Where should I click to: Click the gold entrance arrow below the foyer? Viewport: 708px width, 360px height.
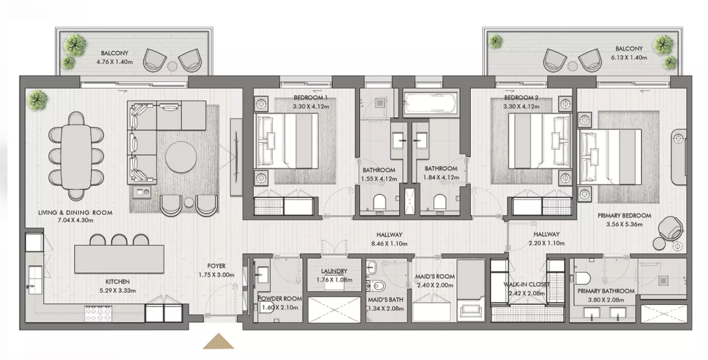coord(218,342)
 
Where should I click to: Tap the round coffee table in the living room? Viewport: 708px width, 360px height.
coord(181,157)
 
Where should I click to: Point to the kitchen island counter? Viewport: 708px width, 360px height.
coord(119,259)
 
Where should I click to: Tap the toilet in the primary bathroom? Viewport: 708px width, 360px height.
coord(582,278)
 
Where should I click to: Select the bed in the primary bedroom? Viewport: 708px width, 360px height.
coord(609,157)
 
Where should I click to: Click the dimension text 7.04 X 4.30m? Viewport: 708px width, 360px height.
coord(75,220)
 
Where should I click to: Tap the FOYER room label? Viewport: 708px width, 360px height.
coord(216,266)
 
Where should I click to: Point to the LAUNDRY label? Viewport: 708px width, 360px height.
coord(334,271)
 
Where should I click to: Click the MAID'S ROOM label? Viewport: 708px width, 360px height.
coord(435,276)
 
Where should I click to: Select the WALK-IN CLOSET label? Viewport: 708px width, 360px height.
coord(526,285)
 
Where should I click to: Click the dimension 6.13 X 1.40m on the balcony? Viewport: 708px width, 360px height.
coord(629,58)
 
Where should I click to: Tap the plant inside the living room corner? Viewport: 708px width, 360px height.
coord(37,100)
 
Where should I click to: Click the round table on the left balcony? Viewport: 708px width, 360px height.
coord(172,66)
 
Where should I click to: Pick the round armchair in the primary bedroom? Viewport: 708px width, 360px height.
coord(670,229)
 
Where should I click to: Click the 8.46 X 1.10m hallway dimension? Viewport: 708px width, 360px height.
coord(389,244)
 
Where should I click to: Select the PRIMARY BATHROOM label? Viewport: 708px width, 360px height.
coord(606,291)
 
